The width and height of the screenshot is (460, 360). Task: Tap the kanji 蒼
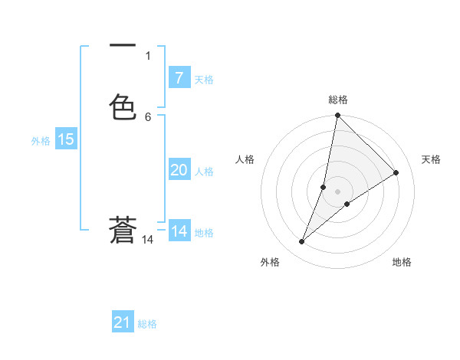(x=123, y=230)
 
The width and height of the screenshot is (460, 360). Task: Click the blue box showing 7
(x=179, y=78)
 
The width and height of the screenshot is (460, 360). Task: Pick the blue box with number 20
(x=179, y=170)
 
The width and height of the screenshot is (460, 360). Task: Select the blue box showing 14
(x=179, y=231)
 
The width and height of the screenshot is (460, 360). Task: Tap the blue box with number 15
(x=65, y=139)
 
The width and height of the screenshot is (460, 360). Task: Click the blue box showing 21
(x=123, y=322)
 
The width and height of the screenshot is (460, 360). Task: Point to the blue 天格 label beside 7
(x=204, y=80)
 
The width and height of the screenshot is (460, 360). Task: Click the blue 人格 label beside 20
(x=204, y=172)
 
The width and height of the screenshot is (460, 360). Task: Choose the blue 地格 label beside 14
(x=204, y=233)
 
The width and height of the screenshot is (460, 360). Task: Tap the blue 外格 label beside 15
(x=40, y=141)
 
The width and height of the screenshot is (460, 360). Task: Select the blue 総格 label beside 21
(x=147, y=324)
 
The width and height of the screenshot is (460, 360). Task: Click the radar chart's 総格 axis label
(x=338, y=100)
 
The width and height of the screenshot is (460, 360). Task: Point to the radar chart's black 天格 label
(x=431, y=159)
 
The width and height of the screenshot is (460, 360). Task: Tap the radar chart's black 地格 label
(x=402, y=262)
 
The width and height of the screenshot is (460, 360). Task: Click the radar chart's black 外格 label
(x=269, y=262)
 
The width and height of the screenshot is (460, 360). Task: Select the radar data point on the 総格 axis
(x=337, y=116)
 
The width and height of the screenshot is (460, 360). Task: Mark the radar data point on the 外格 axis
(x=302, y=242)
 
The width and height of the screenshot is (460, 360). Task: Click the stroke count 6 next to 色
(x=148, y=116)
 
